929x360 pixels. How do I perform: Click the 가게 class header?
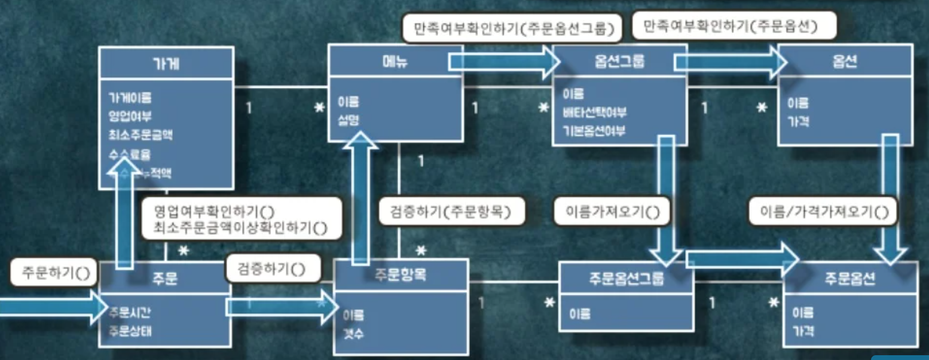tap(166, 64)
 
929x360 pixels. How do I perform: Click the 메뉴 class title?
tap(395, 61)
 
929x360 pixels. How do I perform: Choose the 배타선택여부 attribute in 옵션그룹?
tap(594, 112)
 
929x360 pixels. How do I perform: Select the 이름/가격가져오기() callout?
tap(823, 211)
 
